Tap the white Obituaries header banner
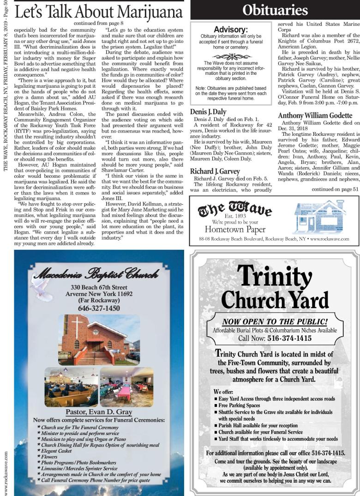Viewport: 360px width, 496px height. pyautogui.click(x=275, y=10)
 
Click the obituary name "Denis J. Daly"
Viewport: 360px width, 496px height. pyautogui.click(x=208, y=111)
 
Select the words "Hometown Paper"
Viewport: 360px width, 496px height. pyautogui.click(x=230, y=230)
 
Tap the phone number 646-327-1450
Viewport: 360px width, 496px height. pyautogui.click(x=99, y=308)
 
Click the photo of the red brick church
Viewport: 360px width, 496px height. pyautogui.click(x=99, y=339)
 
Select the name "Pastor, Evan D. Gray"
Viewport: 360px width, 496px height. pyautogui.click(x=99, y=412)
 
